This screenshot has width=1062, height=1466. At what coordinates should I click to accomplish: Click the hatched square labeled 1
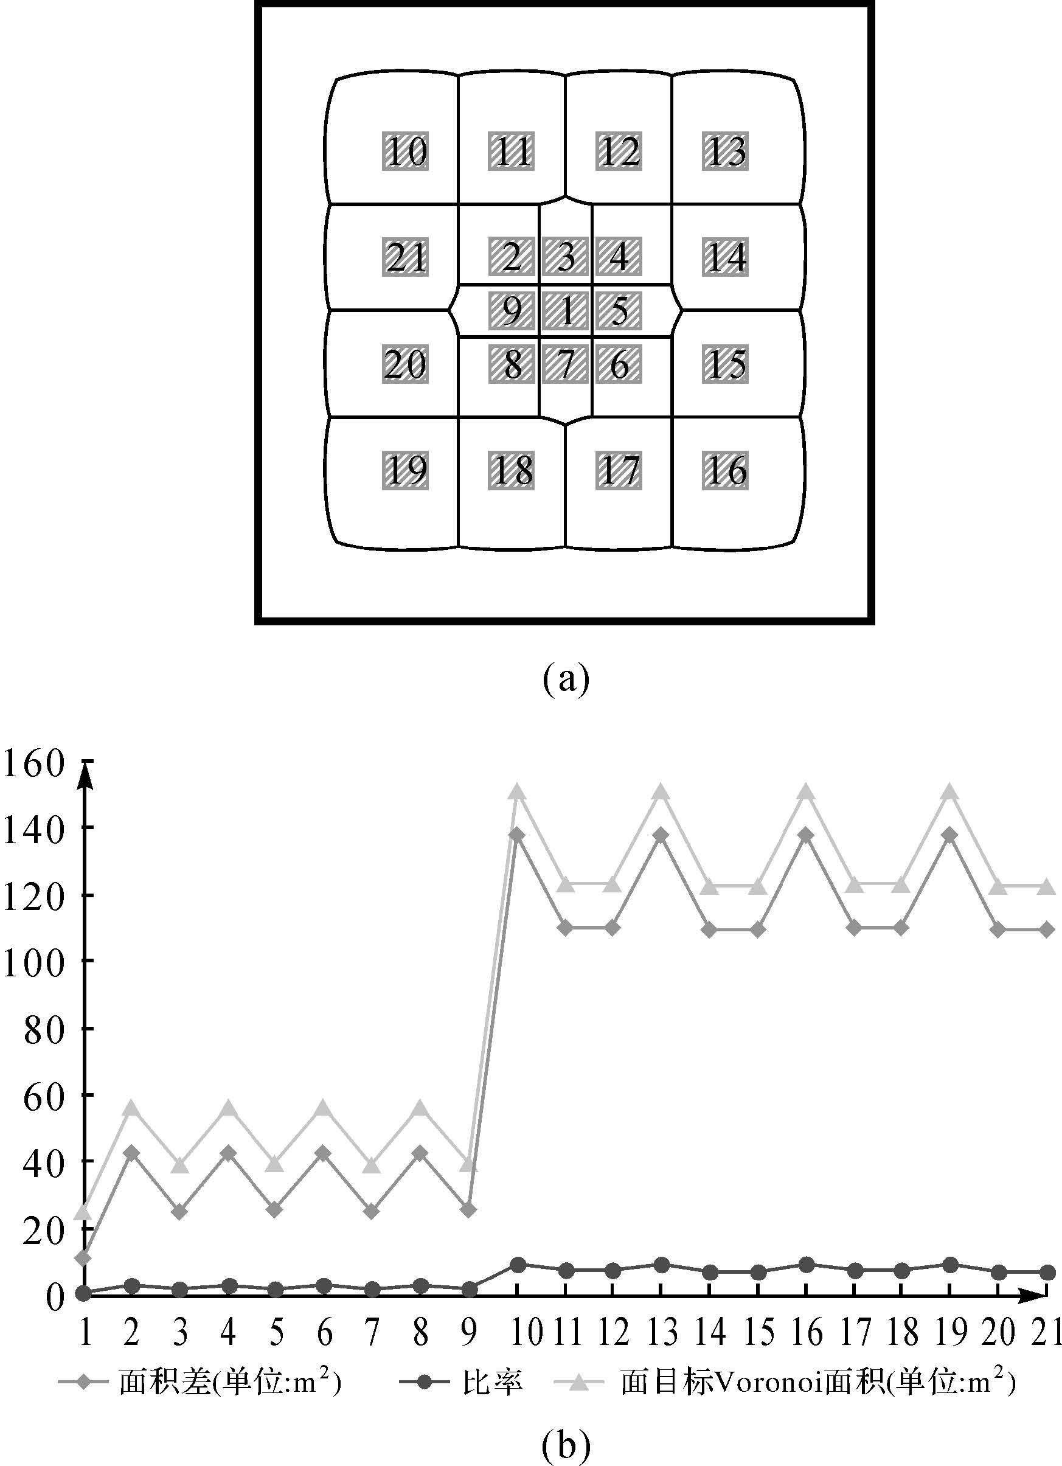566,311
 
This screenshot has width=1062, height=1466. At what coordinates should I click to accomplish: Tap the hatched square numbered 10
405,151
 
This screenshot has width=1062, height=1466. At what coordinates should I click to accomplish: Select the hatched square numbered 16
725,470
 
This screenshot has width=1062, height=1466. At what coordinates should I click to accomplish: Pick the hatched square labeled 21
405,257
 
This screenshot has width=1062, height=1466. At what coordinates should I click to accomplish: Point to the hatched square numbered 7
566,364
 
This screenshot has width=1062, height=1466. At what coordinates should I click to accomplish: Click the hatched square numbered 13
725,151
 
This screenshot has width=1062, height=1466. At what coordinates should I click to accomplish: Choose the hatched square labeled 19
405,470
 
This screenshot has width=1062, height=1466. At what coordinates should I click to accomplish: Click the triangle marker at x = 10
516,792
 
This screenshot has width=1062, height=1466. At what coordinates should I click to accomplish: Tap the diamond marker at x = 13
661,835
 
